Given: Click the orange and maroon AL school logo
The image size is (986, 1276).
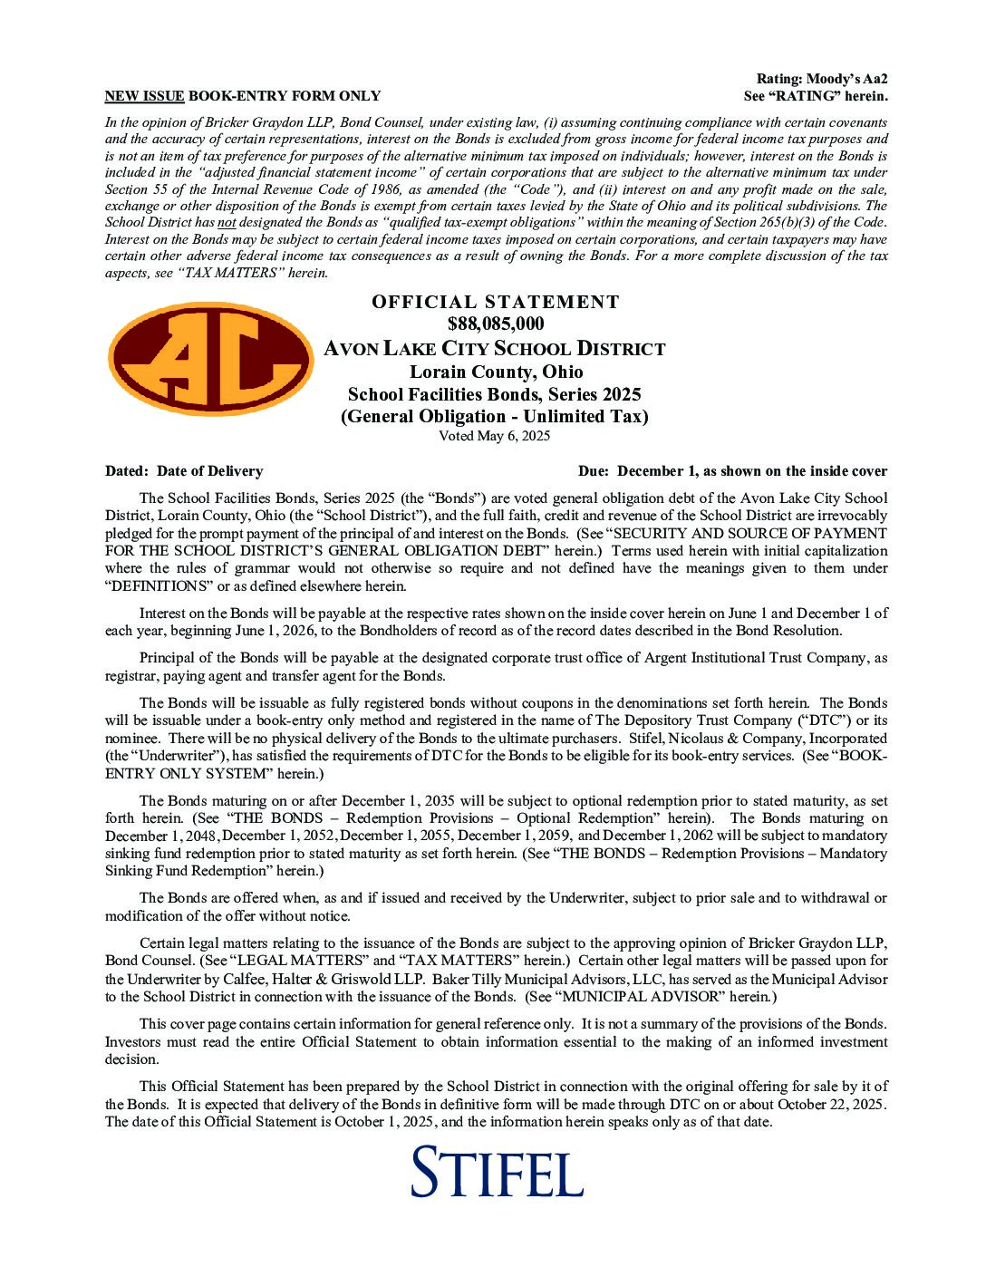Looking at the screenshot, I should pos(211,357).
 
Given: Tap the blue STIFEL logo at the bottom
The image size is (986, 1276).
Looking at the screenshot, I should pos(497,1172).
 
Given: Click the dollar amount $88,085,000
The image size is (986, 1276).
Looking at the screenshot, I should pos(495,324).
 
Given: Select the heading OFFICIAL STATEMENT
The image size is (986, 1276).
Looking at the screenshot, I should pos(495,302).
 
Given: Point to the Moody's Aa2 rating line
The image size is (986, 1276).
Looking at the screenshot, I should pos(822,80).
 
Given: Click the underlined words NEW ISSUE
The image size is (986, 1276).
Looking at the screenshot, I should pos(144,96).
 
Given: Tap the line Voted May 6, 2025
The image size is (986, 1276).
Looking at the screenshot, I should pos(495,436).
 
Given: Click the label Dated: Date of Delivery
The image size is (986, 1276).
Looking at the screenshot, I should pos(184,471).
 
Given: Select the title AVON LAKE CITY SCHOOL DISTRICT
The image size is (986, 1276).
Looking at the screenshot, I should pos(495,349).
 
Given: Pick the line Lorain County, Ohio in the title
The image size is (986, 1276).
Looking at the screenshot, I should pos(495,372).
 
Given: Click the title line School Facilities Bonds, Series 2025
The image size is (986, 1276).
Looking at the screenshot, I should pos(495,394).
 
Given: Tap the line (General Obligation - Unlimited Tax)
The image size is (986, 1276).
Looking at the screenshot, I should pos(495,416).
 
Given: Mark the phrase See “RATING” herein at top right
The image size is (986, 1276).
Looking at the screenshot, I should pos(816,96).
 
